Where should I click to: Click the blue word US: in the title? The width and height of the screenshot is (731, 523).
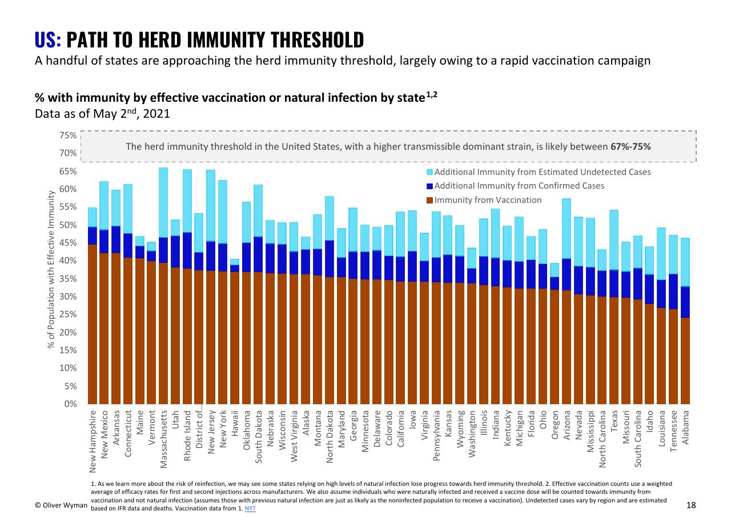click(x=47, y=40)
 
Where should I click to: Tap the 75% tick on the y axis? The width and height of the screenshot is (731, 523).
click(x=68, y=135)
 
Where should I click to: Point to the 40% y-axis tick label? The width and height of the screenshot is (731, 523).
click(x=68, y=261)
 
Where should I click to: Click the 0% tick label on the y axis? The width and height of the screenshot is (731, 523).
click(x=70, y=404)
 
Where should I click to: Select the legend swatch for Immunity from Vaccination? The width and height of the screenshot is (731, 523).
click(x=430, y=200)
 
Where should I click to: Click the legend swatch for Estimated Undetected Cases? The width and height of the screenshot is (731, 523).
click(x=430, y=172)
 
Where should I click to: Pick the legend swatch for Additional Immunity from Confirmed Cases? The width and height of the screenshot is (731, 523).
click(x=430, y=186)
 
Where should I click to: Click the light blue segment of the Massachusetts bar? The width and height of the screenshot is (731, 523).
click(x=163, y=202)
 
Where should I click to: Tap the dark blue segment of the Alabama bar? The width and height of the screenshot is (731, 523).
click(x=685, y=302)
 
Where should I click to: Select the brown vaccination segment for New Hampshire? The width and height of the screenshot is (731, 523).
click(x=93, y=325)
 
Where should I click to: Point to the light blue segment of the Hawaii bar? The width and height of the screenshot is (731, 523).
click(x=235, y=262)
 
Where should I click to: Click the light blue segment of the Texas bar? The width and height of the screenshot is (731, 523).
click(x=614, y=240)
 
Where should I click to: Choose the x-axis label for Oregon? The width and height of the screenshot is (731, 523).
click(x=555, y=425)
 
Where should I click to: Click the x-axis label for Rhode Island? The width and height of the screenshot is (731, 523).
click(x=187, y=436)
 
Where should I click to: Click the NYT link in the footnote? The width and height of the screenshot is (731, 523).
click(x=250, y=509)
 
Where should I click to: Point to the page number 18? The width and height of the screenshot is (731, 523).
click(x=691, y=505)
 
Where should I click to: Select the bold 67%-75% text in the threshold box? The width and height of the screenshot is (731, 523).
click(x=630, y=147)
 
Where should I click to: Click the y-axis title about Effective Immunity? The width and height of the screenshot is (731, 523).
click(x=51, y=270)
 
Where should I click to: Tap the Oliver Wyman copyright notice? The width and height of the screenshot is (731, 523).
click(x=61, y=505)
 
